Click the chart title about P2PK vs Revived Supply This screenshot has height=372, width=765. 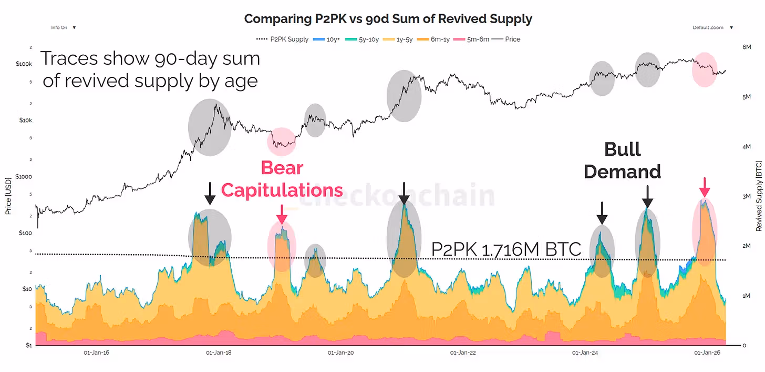(388, 19)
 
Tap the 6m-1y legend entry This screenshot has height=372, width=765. (439, 39)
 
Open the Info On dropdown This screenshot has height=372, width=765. (63, 27)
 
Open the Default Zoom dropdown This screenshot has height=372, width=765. (712, 27)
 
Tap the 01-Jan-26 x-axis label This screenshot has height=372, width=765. (707, 353)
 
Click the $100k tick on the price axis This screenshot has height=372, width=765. (24, 64)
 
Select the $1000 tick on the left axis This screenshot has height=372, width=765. (25, 176)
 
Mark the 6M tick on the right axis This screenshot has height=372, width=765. (747, 47)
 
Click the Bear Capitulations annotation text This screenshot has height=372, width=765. (282, 179)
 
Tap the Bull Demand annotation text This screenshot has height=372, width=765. (622, 160)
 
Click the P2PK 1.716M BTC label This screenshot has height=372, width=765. (506, 249)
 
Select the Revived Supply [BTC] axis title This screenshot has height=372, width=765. (758, 196)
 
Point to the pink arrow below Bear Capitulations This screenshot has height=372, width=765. (282, 214)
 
